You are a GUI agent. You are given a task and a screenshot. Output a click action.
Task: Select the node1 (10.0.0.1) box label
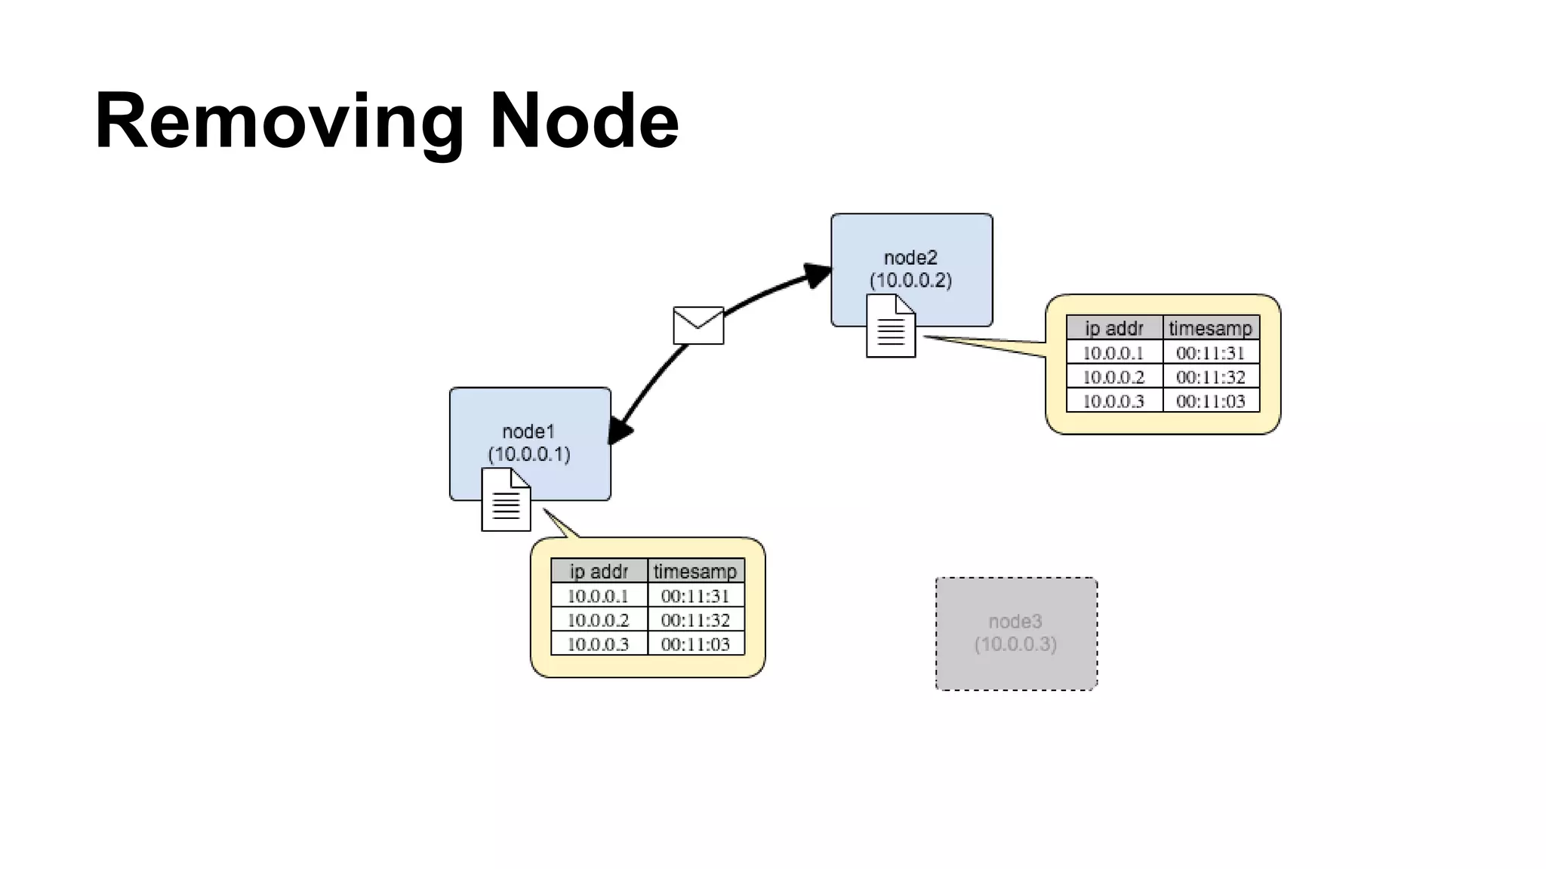529,443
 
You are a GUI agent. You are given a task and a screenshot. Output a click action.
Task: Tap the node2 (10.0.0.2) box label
911,269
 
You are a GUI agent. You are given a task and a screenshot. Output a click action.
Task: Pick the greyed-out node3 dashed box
1016,633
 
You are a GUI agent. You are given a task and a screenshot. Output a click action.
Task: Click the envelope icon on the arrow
698,325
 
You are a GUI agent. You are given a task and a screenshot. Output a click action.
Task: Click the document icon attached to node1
506,499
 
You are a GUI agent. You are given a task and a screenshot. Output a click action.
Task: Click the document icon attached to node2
891,326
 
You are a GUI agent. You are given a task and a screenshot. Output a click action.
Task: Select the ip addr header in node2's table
1114,328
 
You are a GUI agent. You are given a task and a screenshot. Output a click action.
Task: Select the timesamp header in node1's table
695,571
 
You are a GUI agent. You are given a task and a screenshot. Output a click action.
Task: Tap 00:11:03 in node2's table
1210,401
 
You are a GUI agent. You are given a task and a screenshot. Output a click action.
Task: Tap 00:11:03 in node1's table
695,644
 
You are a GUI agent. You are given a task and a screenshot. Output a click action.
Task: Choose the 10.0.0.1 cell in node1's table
598,596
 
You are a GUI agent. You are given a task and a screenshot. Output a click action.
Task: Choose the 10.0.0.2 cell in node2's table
1113,377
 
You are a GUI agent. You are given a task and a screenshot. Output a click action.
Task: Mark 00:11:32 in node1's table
695,620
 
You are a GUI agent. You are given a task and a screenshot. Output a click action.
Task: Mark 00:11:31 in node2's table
1210,353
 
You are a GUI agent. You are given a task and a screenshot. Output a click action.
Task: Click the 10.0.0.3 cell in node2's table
1113,401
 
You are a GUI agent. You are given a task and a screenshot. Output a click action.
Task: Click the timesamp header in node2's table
1210,328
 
